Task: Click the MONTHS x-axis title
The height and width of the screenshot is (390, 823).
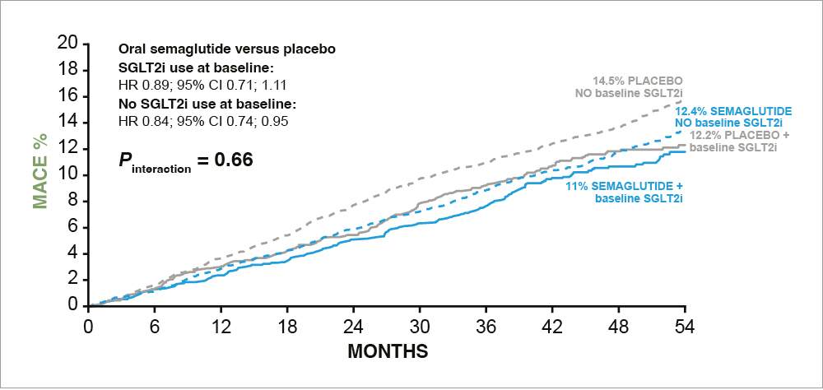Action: point(388,352)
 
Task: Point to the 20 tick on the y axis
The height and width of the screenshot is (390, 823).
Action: point(68,43)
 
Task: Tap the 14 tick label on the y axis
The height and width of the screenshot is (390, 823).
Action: point(68,122)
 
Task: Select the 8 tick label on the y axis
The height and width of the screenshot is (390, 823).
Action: point(73,201)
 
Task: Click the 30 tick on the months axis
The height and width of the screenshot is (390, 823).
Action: point(420,323)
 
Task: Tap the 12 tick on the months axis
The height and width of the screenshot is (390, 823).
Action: point(221,323)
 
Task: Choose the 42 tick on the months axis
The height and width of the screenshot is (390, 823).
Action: point(552,323)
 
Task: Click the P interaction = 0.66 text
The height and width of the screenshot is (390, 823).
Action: point(185,158)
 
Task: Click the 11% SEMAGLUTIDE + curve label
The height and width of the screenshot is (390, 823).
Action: point(625,186)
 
